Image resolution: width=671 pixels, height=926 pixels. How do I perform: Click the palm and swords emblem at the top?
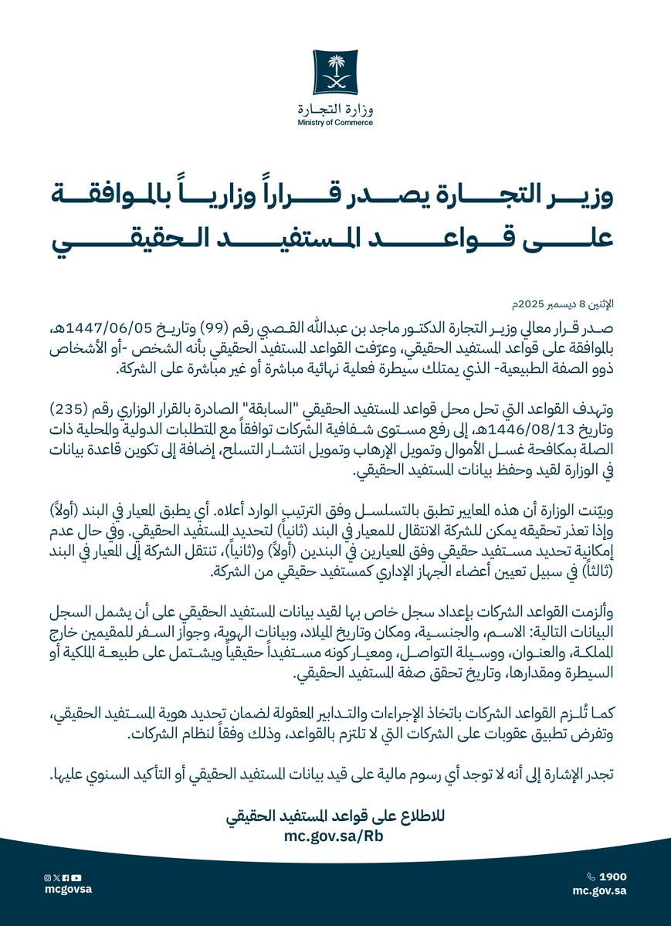335,71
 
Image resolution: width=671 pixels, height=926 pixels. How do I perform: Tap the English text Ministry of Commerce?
335,122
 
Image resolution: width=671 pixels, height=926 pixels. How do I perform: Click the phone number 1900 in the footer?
612,877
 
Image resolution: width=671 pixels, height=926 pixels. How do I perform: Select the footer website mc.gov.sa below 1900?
599,890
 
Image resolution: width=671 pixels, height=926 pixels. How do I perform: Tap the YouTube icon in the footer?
76,877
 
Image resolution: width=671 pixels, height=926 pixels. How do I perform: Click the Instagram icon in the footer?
47,877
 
